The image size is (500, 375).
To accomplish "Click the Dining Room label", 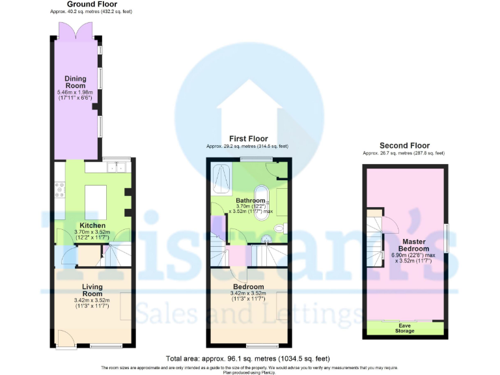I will point(75,82).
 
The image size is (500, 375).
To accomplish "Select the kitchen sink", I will point(118,168).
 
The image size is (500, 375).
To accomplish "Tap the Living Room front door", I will point(65,338).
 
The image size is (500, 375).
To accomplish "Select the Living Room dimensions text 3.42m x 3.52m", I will point(92,300).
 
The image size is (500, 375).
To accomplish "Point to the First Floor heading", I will point(247,139).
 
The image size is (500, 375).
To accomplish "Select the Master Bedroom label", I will point(413,244).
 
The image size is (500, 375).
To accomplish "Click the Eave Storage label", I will point(404,327).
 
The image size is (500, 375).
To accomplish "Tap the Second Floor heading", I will point(404,145).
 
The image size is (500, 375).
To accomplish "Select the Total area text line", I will point(247,359).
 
